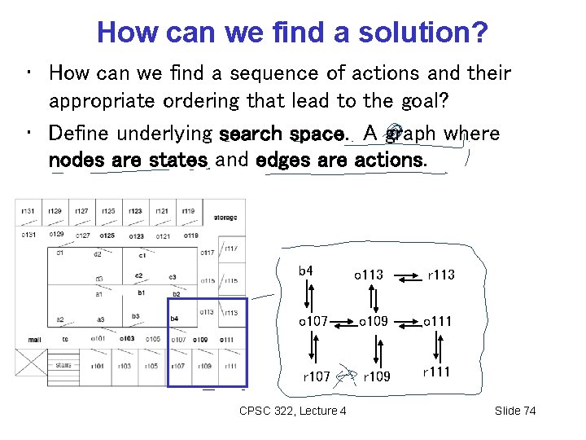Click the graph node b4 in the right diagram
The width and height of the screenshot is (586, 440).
(x=306, y=271)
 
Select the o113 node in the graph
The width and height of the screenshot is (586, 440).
(x=368, y=275)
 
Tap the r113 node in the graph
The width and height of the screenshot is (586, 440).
(x=441, y=275)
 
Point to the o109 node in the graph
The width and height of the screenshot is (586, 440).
(x=373, y=321)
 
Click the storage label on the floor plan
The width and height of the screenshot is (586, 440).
(x=225, y=218)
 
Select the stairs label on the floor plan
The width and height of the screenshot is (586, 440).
(x=63, y=366)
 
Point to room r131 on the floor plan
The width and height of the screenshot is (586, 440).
(x=28, y=211)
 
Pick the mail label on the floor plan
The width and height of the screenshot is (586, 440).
(x=34, y=339)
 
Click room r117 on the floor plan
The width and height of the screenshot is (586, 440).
(x=231, y=249)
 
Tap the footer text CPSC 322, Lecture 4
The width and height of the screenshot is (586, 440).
(x=293, y=411)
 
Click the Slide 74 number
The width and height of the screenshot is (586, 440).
(x=515, y=411)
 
